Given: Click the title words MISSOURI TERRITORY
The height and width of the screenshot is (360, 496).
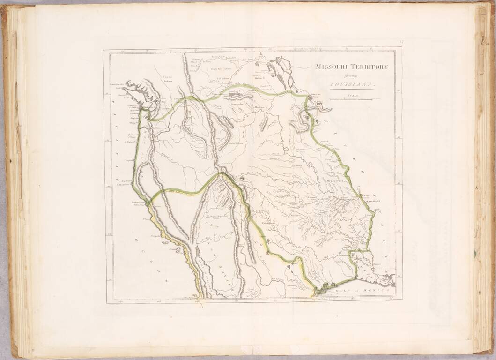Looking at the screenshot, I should coord(351,67).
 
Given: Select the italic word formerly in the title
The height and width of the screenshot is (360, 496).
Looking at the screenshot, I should coord(352,76).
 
